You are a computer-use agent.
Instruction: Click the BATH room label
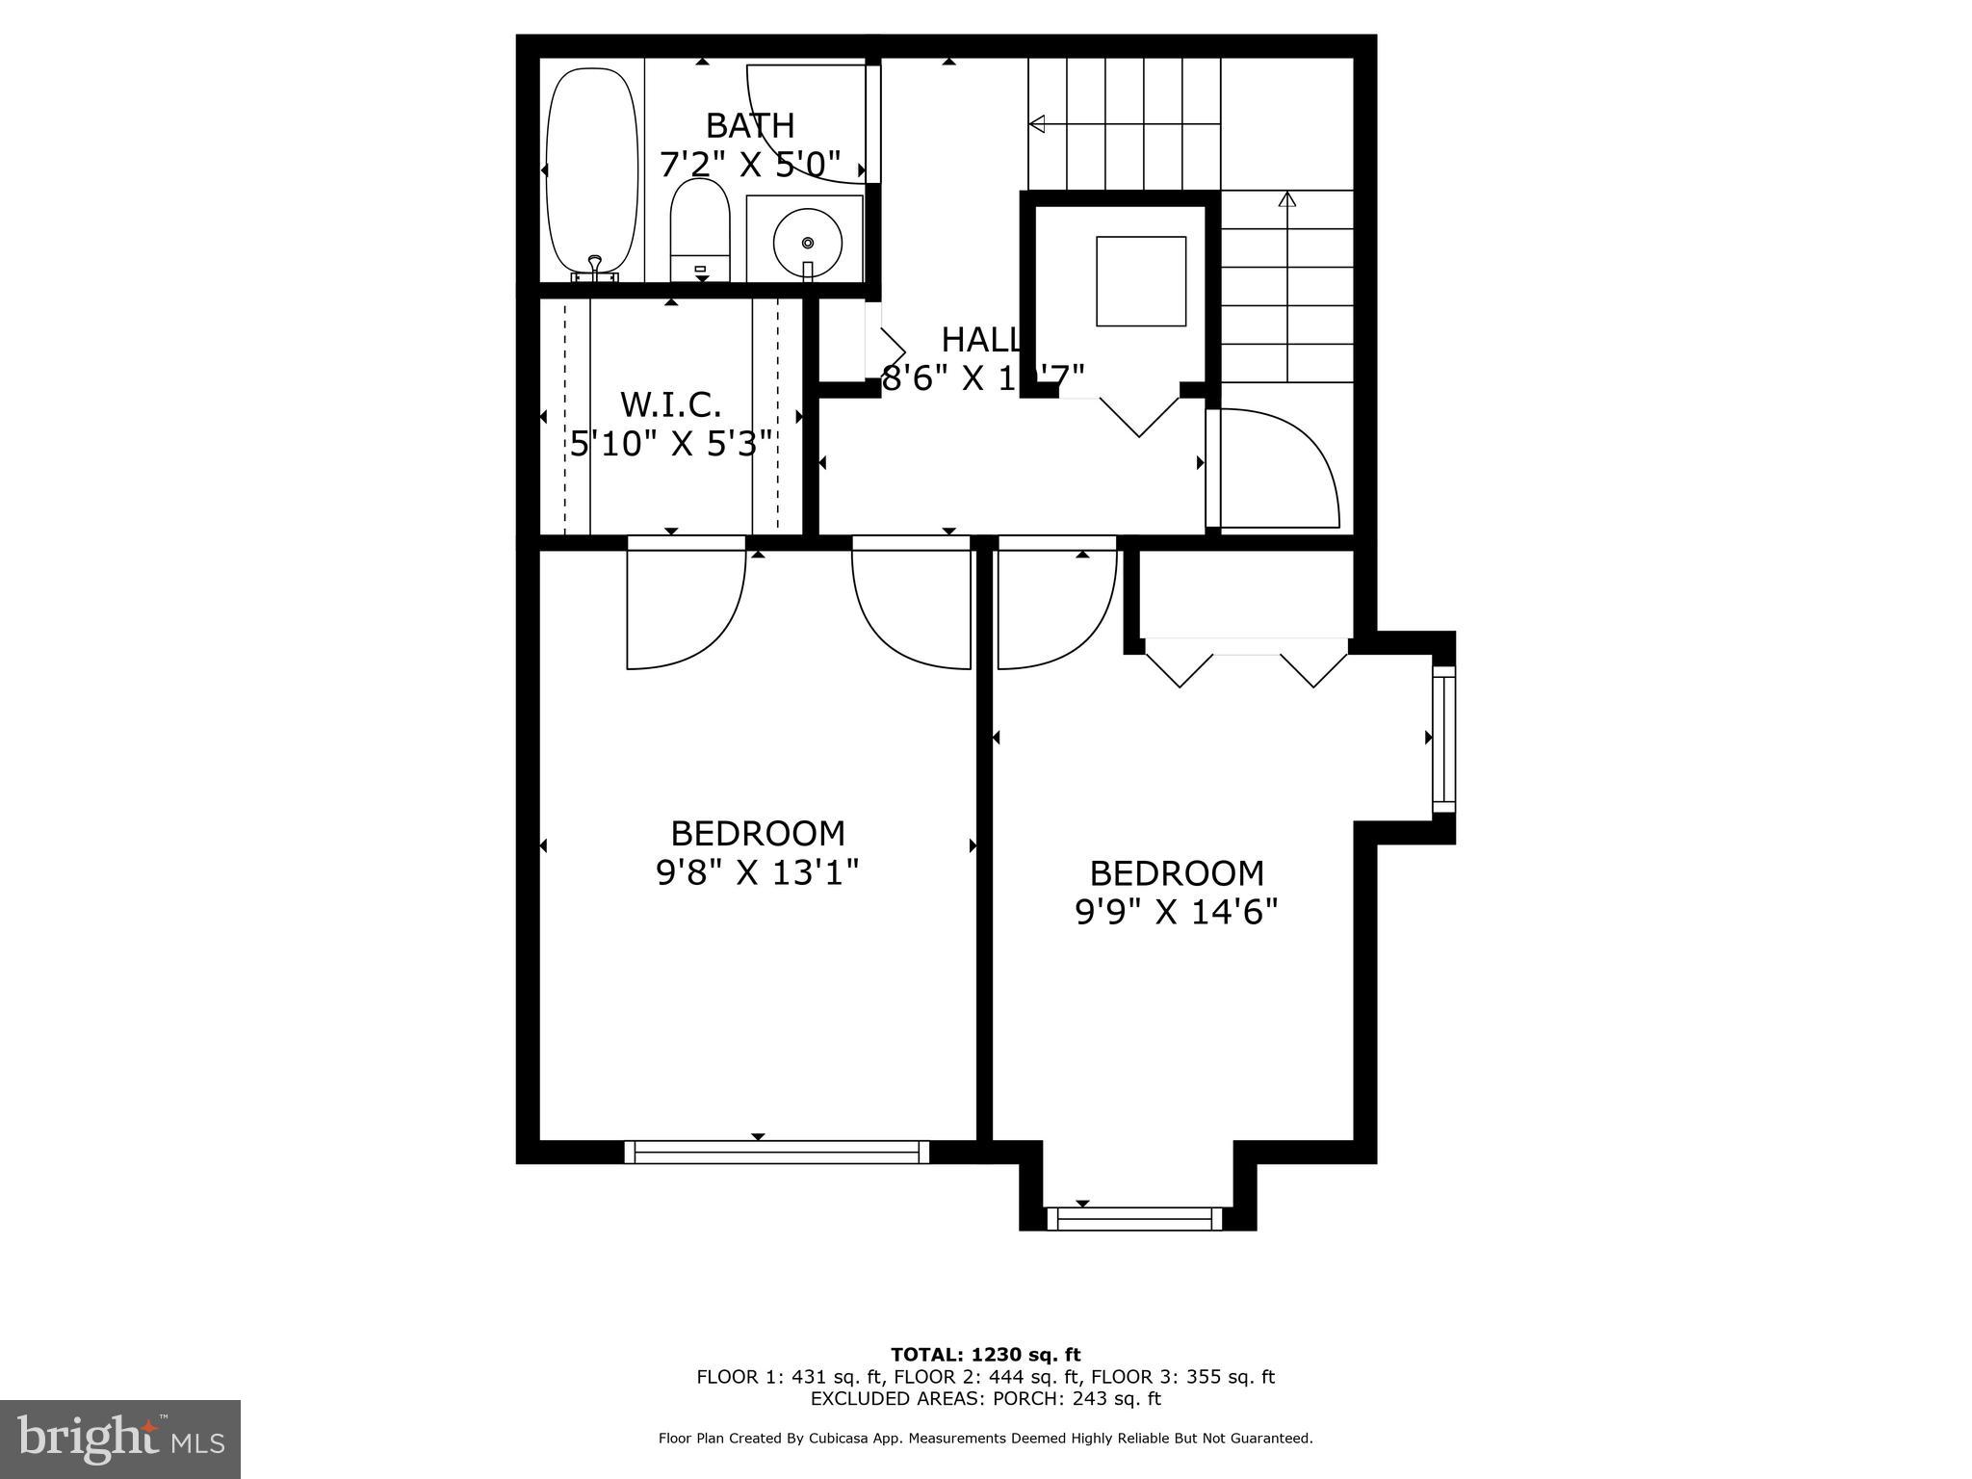point(750,126)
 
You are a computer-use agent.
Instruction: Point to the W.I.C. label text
point(671,404)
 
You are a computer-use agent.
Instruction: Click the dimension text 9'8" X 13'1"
point(757,872)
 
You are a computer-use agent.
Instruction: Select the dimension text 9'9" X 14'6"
point(1176,911)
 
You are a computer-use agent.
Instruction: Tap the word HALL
point(980,340)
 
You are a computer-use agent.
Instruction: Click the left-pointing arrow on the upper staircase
point(1038,123)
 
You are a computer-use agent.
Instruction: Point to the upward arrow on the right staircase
point(1287,199)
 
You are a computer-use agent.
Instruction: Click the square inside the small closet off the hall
point(1141,281)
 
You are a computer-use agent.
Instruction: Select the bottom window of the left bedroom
point(777,1152)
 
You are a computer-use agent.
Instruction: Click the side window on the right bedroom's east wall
point(1443,739)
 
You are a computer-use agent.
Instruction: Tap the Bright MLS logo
point(120,1439)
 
